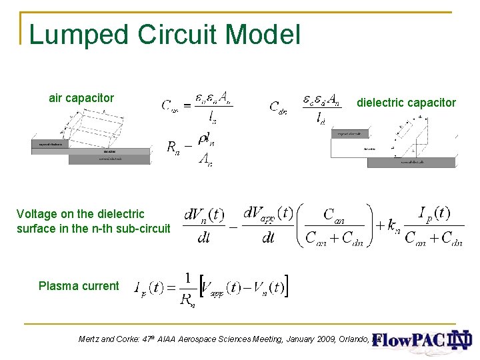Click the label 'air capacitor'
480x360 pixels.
81,98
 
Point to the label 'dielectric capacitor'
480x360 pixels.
406,103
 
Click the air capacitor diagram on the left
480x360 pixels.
91,137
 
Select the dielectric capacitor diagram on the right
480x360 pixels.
395,142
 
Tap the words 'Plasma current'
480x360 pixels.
79,286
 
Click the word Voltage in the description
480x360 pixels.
37,214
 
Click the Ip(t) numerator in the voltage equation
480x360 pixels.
434,213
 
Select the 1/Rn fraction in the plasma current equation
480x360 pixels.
187,289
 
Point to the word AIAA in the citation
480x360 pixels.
169,339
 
